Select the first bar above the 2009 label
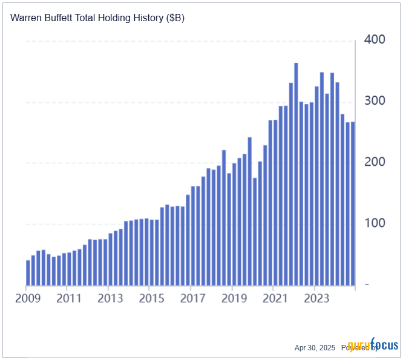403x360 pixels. click(x=28, y=273)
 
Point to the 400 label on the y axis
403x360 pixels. click(x=375, y=40)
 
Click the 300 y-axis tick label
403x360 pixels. click(x=375, y=101)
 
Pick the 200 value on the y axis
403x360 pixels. click(x=375, y=162)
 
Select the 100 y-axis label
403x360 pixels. click(x=375, y=223)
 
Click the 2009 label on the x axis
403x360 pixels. click(x=28, y=298)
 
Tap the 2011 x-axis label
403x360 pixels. click(x=70, y=298)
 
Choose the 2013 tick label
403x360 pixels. click(x=111, y=298)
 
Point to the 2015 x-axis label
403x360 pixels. click(x=152, y=298)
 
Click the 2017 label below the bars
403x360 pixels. click(x=193, y=298)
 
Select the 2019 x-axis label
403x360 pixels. click(x=234, y=298)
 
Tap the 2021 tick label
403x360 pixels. click(x=275, y=298)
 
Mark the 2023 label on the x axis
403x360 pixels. click(x=316, y=298)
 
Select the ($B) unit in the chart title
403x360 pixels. click(x=175, y=18)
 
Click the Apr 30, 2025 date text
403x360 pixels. click(x=315, y=347)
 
